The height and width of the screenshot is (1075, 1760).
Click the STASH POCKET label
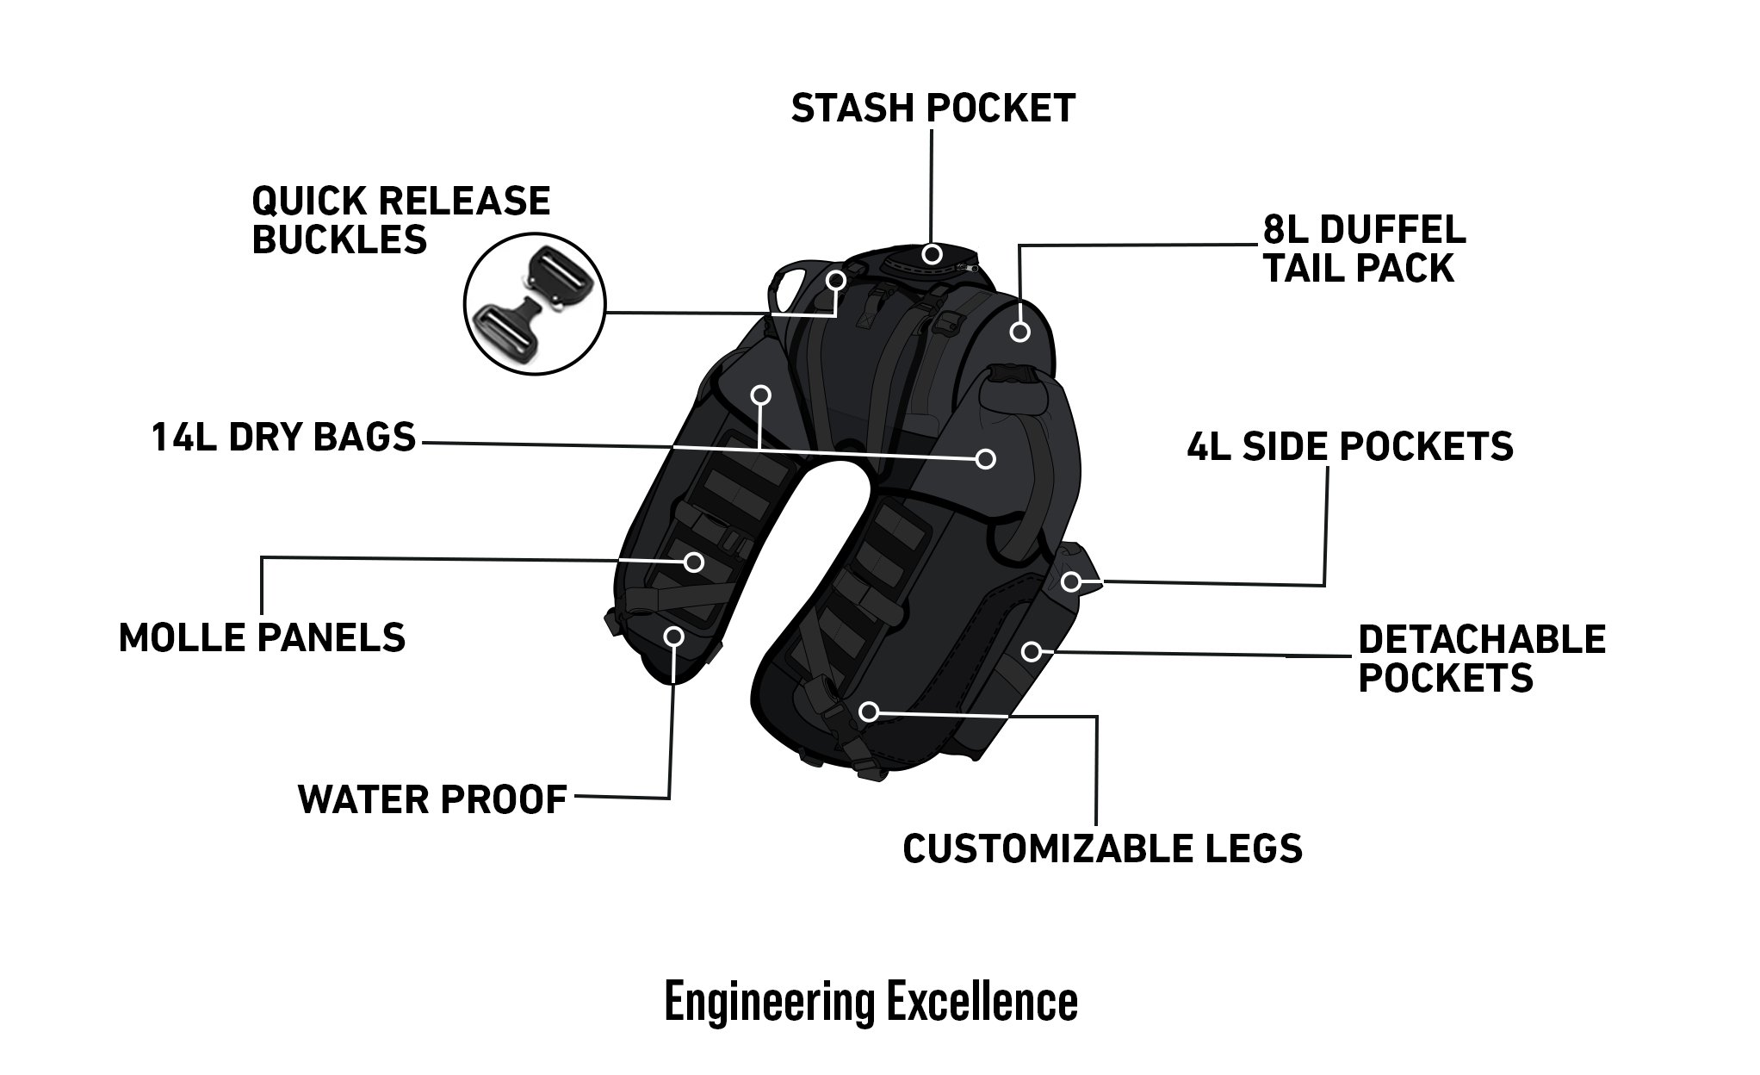[x=933, y=109]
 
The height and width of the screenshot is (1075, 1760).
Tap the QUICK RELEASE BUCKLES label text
[x=400, y=221]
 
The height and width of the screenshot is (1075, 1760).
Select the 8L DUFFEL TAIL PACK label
[x=1364, y=249]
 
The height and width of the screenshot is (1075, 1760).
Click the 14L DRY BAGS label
[x=283, y=438]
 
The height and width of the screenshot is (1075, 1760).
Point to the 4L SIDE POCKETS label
[x=1349, y=446]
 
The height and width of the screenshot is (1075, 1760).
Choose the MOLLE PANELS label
[x=262, y=638]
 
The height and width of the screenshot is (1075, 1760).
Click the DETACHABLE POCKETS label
[x=1481, y=659]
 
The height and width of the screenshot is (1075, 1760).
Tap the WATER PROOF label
[x=432, y=799]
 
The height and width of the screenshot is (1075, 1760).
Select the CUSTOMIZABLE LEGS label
[x=1102, y=848]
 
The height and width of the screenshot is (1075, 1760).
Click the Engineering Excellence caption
[x=871, y=1002]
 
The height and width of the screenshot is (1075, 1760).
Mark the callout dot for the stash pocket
[x=931, y=254]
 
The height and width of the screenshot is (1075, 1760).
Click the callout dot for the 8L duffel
[x=1020, y=332]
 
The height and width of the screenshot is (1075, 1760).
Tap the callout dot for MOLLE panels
[x=694, y=562]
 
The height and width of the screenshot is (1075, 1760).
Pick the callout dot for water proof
[x=675, y=637]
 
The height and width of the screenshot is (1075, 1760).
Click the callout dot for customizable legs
[x=869, y=711]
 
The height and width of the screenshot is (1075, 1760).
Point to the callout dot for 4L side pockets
[x=1070, y=582]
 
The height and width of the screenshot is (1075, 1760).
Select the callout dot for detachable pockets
[x=1032, y=652]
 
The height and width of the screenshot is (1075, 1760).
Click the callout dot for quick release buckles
[x=836, y=280]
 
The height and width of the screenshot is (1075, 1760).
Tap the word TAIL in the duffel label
[x=1301, y=269]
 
